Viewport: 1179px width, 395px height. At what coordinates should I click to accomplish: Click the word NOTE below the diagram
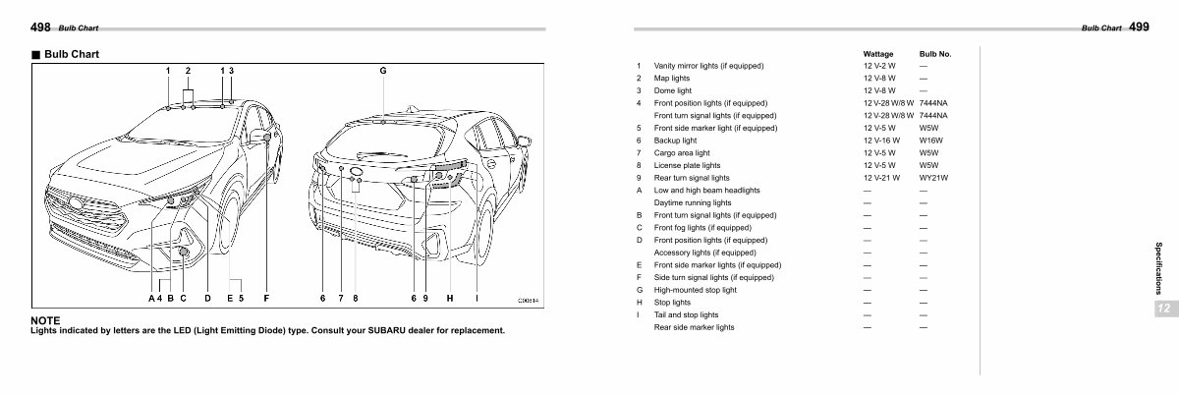(x=46, y=320)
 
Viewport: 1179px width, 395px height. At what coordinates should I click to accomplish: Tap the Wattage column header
(x=877, y=53)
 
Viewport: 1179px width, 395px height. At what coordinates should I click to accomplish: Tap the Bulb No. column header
(x=934, y=53)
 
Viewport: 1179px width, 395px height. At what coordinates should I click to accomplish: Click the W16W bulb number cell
(x=929, y=141)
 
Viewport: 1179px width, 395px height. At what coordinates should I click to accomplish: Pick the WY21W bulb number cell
(x=932, y=178)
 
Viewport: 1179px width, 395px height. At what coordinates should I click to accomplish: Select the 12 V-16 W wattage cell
(x=881, y=141)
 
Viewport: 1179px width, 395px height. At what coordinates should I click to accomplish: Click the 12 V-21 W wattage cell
(x=881, y=178)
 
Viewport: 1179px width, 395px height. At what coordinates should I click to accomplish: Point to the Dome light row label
(x=672, y=90)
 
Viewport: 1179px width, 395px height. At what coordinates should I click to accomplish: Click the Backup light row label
(x=675, y=141)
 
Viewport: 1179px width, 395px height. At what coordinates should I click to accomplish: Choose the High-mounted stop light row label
(x=695, y=290)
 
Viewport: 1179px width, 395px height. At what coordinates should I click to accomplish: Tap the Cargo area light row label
(x=681, y=153)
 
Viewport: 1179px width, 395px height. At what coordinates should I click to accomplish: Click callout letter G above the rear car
(x=383, y=71)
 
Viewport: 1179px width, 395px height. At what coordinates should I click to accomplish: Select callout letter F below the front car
(x=266, y=297)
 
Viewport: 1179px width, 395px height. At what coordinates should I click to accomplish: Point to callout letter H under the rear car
(x=449, y=297)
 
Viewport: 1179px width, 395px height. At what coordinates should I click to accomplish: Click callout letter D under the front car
(x=207, y=297)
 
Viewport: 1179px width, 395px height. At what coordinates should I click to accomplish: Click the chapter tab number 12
(x=1161, y=309)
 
